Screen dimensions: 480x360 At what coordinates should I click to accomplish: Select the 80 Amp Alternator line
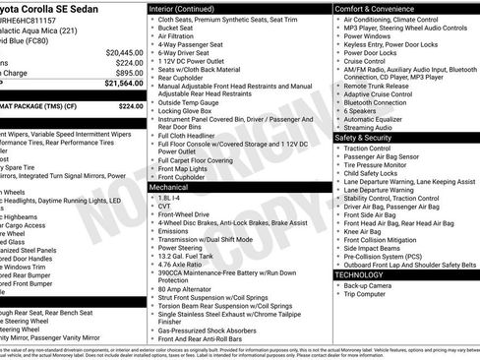click(188, 289)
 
